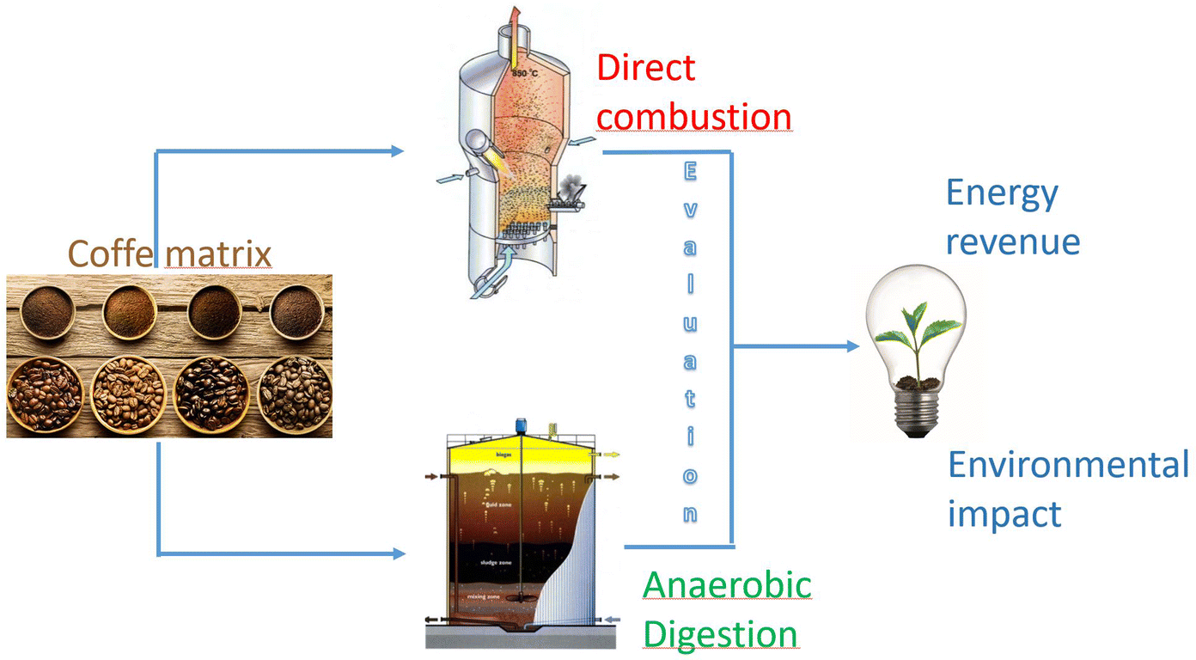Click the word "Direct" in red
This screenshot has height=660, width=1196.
coord(646,67)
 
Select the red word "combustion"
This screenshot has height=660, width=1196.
coord(693,116)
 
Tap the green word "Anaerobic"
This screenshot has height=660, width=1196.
coord(727,585)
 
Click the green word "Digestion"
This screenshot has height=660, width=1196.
coord(720,634)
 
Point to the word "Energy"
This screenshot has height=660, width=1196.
coord(1002,194)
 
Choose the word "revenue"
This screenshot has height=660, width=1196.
coord(1012,241)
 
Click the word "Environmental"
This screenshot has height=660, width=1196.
coord(1068,465)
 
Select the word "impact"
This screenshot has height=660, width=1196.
coord(1004,514)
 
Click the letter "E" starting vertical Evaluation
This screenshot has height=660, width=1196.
coord(690,173)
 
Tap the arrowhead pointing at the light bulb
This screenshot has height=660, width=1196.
coord(852,346)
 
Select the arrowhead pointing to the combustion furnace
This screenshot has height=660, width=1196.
coord(397,152)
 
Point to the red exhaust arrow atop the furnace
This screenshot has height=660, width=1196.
coord(515,15)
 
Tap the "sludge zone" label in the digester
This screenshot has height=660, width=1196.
coord(497,562)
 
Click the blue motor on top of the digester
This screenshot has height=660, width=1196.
coord(521,425)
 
